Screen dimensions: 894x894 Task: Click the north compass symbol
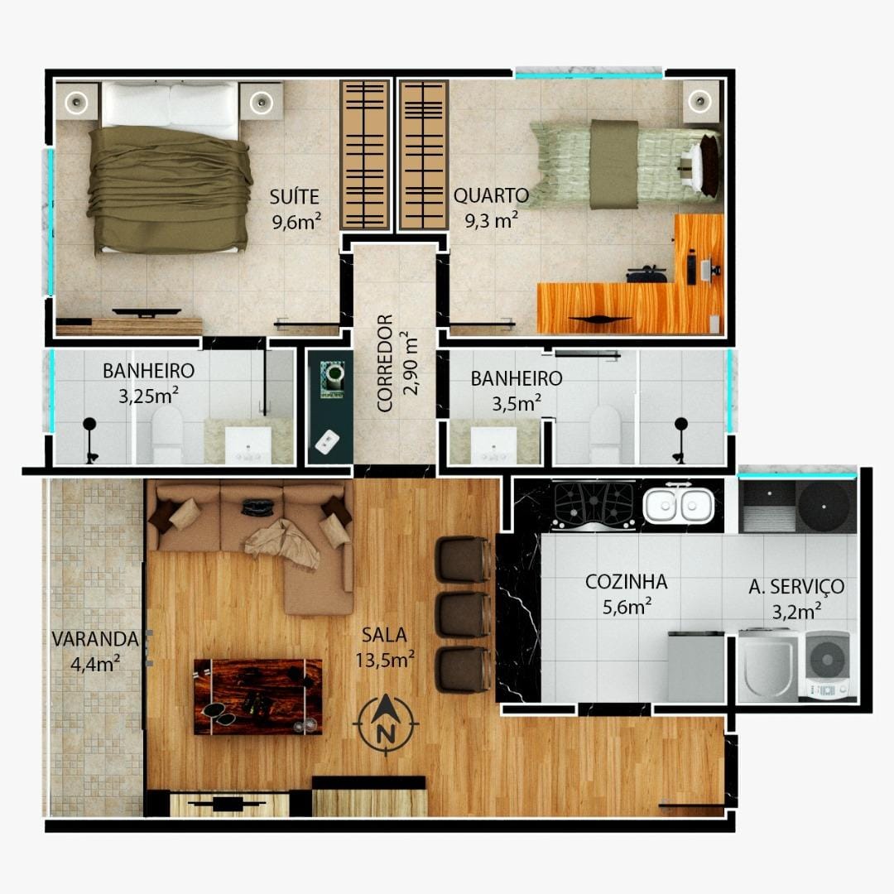(386, 724)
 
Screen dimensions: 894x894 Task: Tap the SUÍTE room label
(294, 197)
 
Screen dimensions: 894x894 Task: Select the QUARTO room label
(491, 195)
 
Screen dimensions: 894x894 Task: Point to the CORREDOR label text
(386, 363)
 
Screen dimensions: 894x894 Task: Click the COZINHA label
(626, 582)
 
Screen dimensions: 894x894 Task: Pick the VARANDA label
(95, 638)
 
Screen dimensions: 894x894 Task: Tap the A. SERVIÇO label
(796, 586)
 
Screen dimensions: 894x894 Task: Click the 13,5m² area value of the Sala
(385, 661)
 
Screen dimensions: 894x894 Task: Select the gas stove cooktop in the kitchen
(594, 506)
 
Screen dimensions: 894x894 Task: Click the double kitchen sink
(679, 504)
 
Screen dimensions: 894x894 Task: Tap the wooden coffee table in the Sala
(257, 696)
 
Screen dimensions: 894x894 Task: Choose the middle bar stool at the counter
(463, 614)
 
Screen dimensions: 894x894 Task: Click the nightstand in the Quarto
(700, 102)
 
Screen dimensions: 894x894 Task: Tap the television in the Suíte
(147, 313)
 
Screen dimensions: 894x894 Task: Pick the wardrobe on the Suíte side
(365, 155)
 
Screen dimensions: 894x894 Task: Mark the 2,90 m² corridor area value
(411, 363)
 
